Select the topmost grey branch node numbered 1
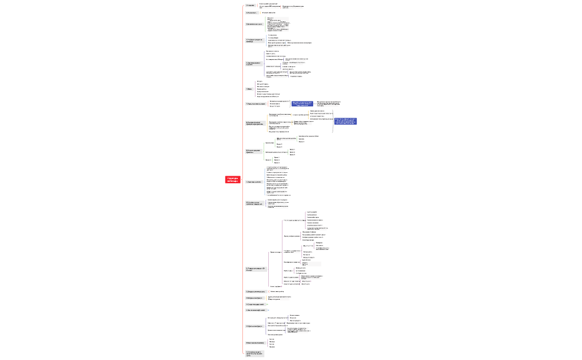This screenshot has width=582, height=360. [250, 6]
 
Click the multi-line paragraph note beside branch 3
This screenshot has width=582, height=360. [278, 24]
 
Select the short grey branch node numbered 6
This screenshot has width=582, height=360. [249, 89]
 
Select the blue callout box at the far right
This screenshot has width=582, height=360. [345, 121]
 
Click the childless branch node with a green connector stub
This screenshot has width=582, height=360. [255, 304]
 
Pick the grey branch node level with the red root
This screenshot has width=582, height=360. [254, 182]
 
